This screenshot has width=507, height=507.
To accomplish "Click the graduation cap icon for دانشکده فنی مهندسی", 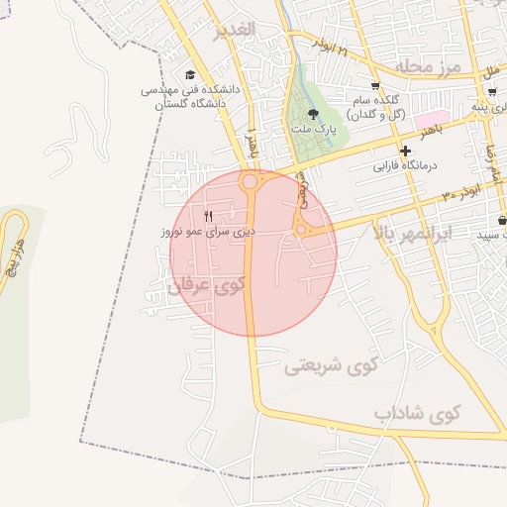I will pos(190,74).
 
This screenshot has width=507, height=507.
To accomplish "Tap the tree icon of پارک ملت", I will pos(314,115).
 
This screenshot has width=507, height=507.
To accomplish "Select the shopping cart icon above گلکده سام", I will pos(374,85).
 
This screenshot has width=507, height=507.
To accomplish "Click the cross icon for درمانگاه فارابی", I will pos(406,150).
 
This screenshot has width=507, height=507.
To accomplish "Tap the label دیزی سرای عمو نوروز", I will pos(209,231).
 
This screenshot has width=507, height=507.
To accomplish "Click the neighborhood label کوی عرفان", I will pos(205,287).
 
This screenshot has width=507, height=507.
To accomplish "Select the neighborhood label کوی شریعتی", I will pos(332,365).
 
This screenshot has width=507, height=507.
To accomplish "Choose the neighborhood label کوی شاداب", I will pos(418,413).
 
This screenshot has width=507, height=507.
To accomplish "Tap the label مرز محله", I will pos(429,65).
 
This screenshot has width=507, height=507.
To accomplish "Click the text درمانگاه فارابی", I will pos(406,166).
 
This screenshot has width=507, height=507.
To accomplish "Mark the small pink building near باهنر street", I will pos(437,118).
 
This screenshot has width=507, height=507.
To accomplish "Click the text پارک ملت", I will pos(314,130).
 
